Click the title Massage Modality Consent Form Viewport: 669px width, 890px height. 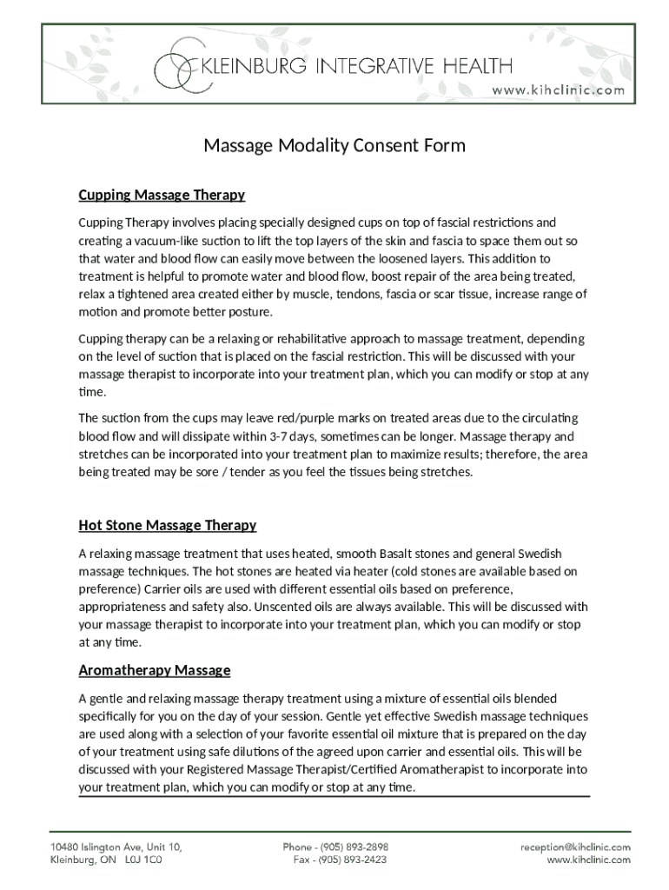tap(334, 145)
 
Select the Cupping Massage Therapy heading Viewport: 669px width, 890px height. tap(162, 195)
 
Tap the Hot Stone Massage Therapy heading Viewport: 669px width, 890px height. tap(168, 525)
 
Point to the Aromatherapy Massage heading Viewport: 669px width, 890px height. tap(155, 670)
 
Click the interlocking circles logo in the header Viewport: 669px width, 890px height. tap(178, 65)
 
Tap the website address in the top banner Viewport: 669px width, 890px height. tap(559, 90)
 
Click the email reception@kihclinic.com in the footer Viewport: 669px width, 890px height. tap(575, 847)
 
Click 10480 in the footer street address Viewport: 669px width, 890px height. tap(66, 847)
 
